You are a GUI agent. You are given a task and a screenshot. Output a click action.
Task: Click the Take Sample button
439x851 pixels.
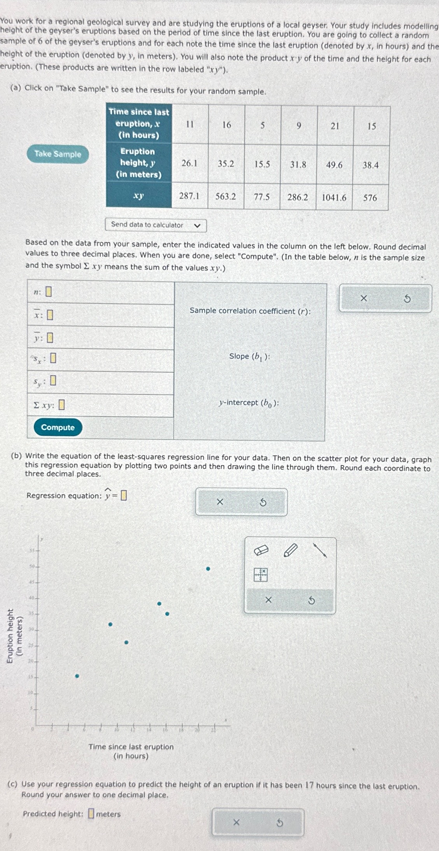click(x=58, y=154)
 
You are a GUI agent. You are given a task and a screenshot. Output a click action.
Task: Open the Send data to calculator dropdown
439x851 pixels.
click(x=156, y=225)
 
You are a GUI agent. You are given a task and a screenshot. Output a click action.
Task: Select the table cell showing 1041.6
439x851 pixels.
click(x=334, y=197)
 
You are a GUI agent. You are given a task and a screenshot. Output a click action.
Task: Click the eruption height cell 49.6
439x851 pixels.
click(x=334, y=165)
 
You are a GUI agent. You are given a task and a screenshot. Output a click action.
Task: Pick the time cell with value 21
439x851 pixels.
click(x=335, y=126)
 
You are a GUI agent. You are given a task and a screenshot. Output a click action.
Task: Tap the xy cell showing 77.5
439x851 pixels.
click(x=262, y=197)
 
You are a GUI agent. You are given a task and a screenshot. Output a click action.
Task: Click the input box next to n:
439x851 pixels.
click(x=49, y=292)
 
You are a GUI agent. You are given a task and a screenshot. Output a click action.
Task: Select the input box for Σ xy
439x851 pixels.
click(x=61, y=405)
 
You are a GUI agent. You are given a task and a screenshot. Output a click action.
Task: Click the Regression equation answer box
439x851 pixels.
click(x=124, y=495)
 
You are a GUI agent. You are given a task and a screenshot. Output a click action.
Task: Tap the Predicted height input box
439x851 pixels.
click(x=91, y=813)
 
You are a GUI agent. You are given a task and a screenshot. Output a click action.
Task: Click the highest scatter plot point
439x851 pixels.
click(x=208, y=568)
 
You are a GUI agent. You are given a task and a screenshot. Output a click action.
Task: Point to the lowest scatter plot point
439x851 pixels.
click(x=77, y=676)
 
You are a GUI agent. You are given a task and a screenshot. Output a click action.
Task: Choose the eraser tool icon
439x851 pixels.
click(x=261, y=550)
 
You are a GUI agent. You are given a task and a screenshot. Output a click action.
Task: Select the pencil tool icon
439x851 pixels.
click(x=290, y=550)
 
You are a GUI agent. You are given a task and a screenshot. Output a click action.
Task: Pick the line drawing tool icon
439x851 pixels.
click(x=320, y=550)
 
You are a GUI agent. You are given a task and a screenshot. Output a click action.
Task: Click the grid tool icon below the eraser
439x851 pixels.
click(x=261, y=574)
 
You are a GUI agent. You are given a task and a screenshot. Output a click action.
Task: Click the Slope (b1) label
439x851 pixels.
click(x=249, y=356)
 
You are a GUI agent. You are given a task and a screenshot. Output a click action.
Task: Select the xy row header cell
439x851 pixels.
click(x=138, y=196)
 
